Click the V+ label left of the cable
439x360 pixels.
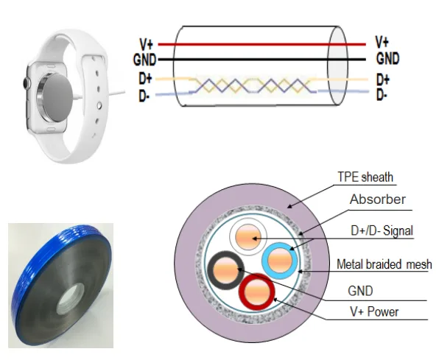(147, 43)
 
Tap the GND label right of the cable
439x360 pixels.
(387, 59)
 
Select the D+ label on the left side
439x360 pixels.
(146, 78)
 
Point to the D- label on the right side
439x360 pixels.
(382, 94)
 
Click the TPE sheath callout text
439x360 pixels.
(365, 177)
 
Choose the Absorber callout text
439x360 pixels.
(377, 200)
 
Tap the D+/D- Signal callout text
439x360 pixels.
(382, 230)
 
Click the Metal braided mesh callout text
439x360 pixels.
(384, 264)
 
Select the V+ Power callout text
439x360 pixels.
(374, 311)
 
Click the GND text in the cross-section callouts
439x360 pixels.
(360, 291)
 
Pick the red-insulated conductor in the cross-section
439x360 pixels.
(257, 292)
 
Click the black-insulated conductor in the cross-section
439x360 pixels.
(225, 270)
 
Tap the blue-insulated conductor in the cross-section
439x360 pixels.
(280, 261)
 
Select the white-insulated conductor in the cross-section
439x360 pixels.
(248, 236)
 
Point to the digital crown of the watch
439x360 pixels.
(27, 83)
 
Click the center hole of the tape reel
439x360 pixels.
(70, 299)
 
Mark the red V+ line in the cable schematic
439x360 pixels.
(262, 44)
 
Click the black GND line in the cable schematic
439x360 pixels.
(262, 60)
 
